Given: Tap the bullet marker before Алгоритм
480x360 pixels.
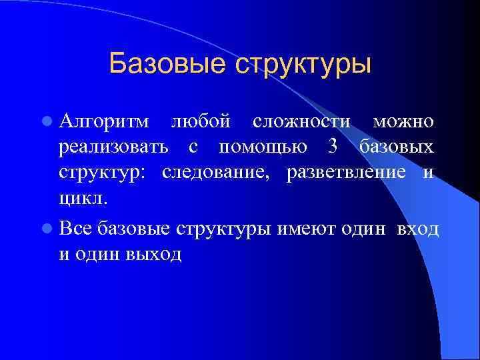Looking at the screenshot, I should tap(45, 122).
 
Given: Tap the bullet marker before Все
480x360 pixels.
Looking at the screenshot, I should tap(45, 229).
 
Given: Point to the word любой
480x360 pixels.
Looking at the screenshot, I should tap(201, 122).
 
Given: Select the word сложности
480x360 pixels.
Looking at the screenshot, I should tap(301, 122).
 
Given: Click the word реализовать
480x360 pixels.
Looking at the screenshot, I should tap(114, 147).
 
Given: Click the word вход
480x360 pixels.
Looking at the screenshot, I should tap(417, 229).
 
